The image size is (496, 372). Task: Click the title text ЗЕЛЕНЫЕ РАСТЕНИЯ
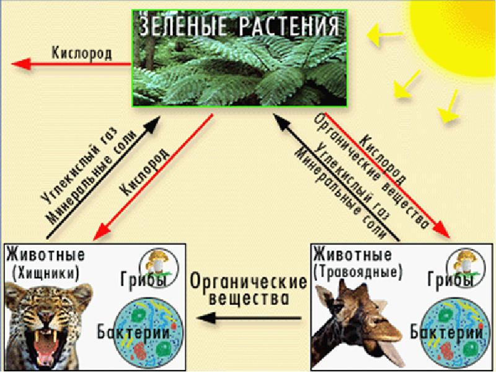239,27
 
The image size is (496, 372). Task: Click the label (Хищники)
47,272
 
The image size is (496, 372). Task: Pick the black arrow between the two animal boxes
248,320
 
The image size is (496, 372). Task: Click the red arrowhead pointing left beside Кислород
20,64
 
